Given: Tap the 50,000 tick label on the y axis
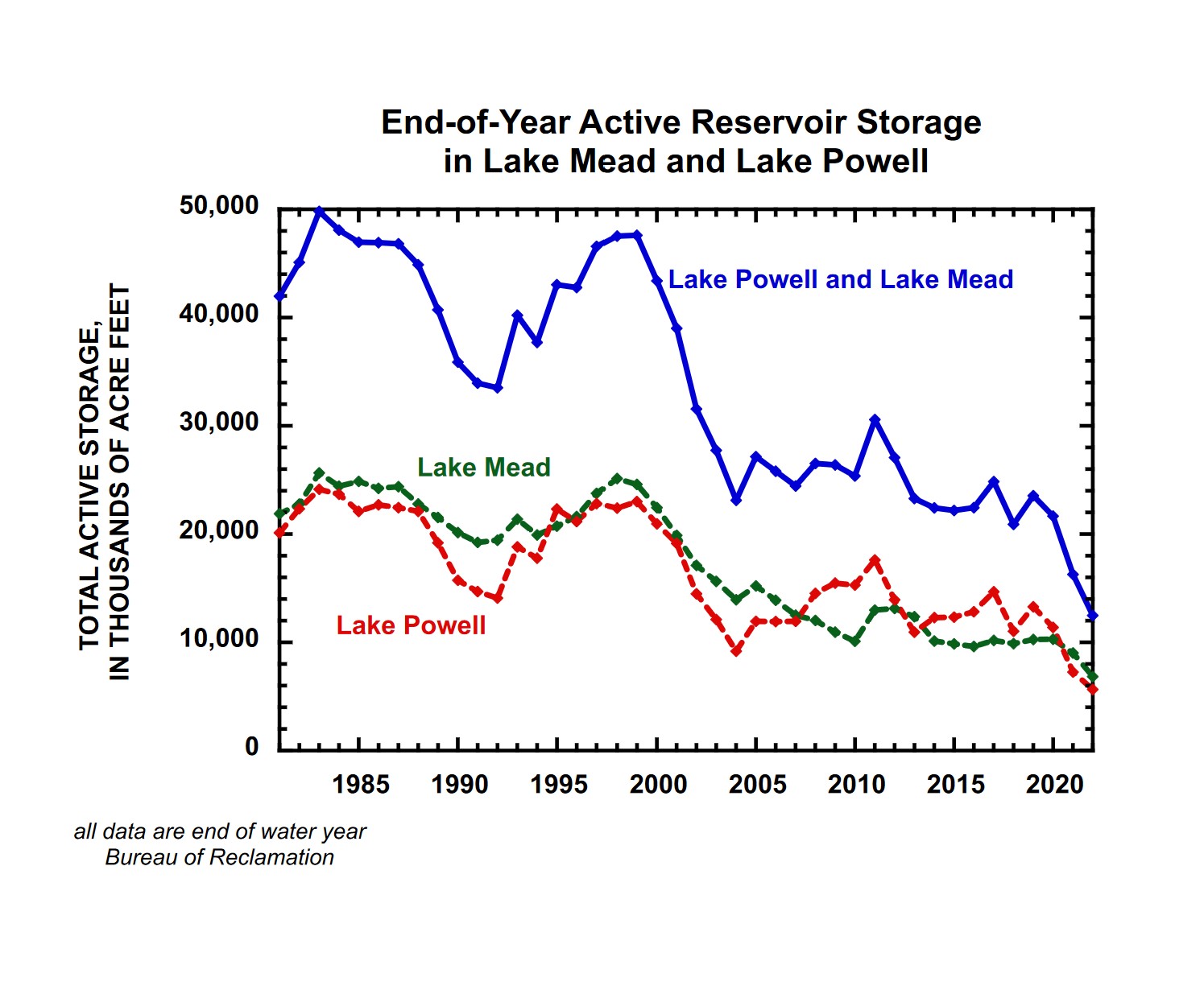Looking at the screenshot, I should tap(219, 206).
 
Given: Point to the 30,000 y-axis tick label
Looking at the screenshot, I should tap(219, 423).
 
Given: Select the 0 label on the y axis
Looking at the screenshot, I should tap(252, 747).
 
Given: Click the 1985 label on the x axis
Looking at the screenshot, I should tap(361, 784).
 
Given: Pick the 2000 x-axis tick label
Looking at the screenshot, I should tap(658, 784).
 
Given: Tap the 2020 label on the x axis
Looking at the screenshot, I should tap(1054, 784).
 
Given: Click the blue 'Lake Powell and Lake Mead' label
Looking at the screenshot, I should tap(840, 279).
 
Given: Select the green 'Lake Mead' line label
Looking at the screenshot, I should tap(483, 468).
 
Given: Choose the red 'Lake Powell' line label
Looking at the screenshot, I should tap(411, 625).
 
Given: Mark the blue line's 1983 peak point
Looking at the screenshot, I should tap(319, 211).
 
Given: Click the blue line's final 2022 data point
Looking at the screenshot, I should tap(1093, 616).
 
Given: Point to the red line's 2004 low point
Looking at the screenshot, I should tap(736, 650).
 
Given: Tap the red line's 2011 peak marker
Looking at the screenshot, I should tap(875, 559).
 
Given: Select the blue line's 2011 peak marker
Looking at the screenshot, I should tap(875, 419).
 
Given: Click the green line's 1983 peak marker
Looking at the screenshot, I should tap(319, 473).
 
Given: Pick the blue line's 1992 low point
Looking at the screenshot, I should tap(498, 388).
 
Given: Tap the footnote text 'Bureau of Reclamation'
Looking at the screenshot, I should tap(219, 858).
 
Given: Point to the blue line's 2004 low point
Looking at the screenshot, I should tap(736, 501).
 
